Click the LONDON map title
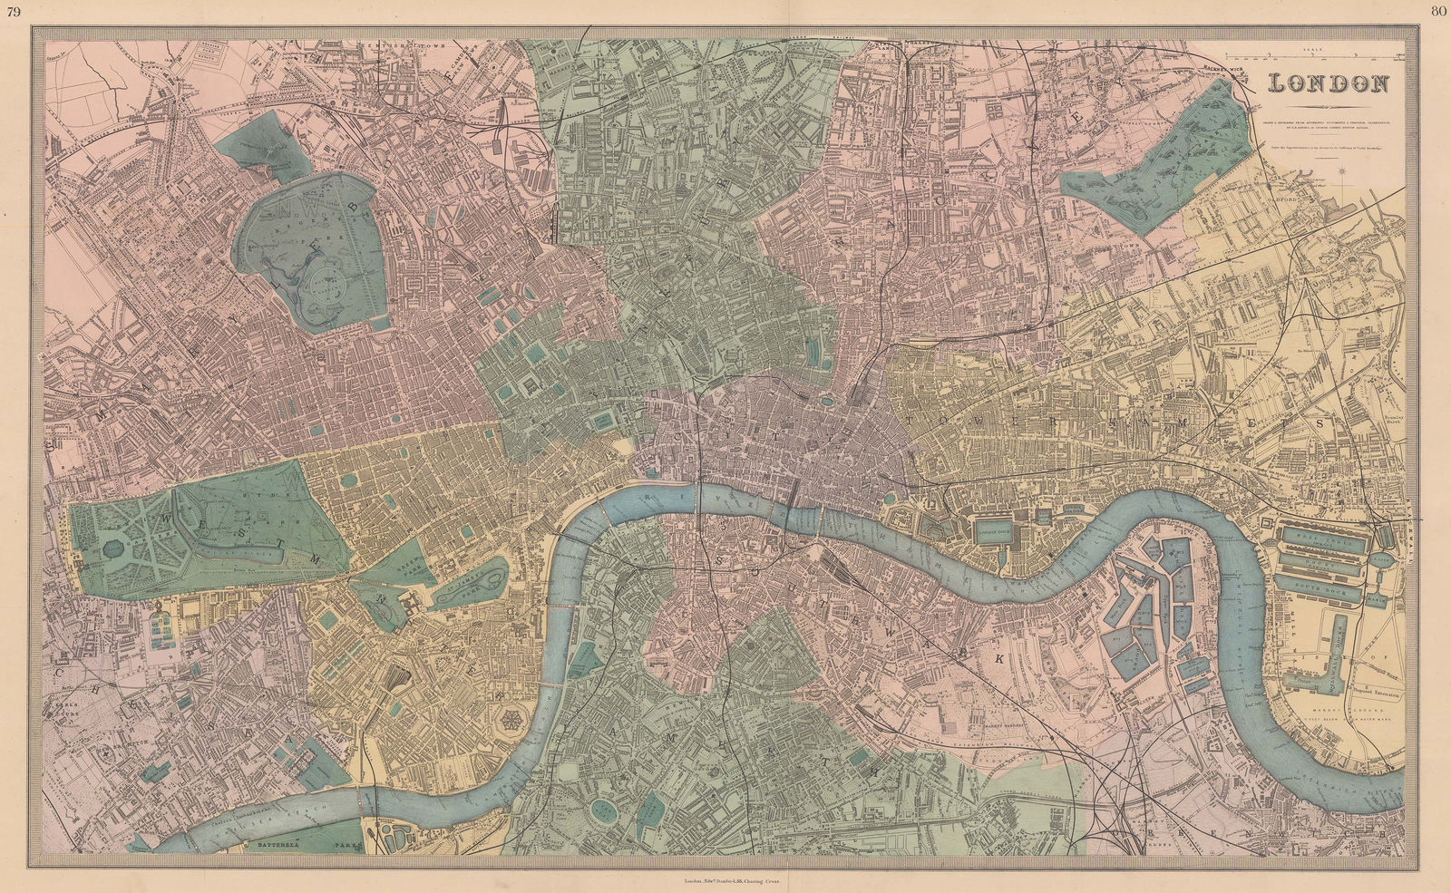(1329, 83)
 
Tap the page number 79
(14, 11)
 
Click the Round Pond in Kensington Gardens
(113, 548)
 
